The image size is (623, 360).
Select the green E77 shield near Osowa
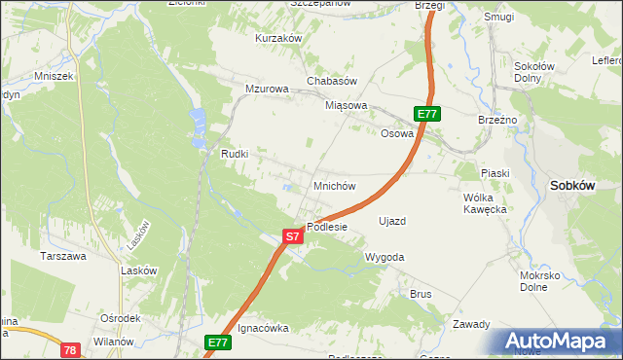[427, 114]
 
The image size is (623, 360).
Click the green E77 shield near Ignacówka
[218, 342]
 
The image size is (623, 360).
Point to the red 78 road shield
[69, 349]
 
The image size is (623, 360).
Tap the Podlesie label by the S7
[327, 227]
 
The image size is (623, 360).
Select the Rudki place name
[236, 154]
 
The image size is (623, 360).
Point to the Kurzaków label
[278, 38]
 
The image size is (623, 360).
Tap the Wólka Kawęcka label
[486, 202]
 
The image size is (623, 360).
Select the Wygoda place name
[384, 257]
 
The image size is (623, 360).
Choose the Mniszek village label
[54, 75]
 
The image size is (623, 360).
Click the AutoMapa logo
[558, 342]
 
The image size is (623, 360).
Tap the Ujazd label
[391, 221]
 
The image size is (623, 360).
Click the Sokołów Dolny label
[533, 73]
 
